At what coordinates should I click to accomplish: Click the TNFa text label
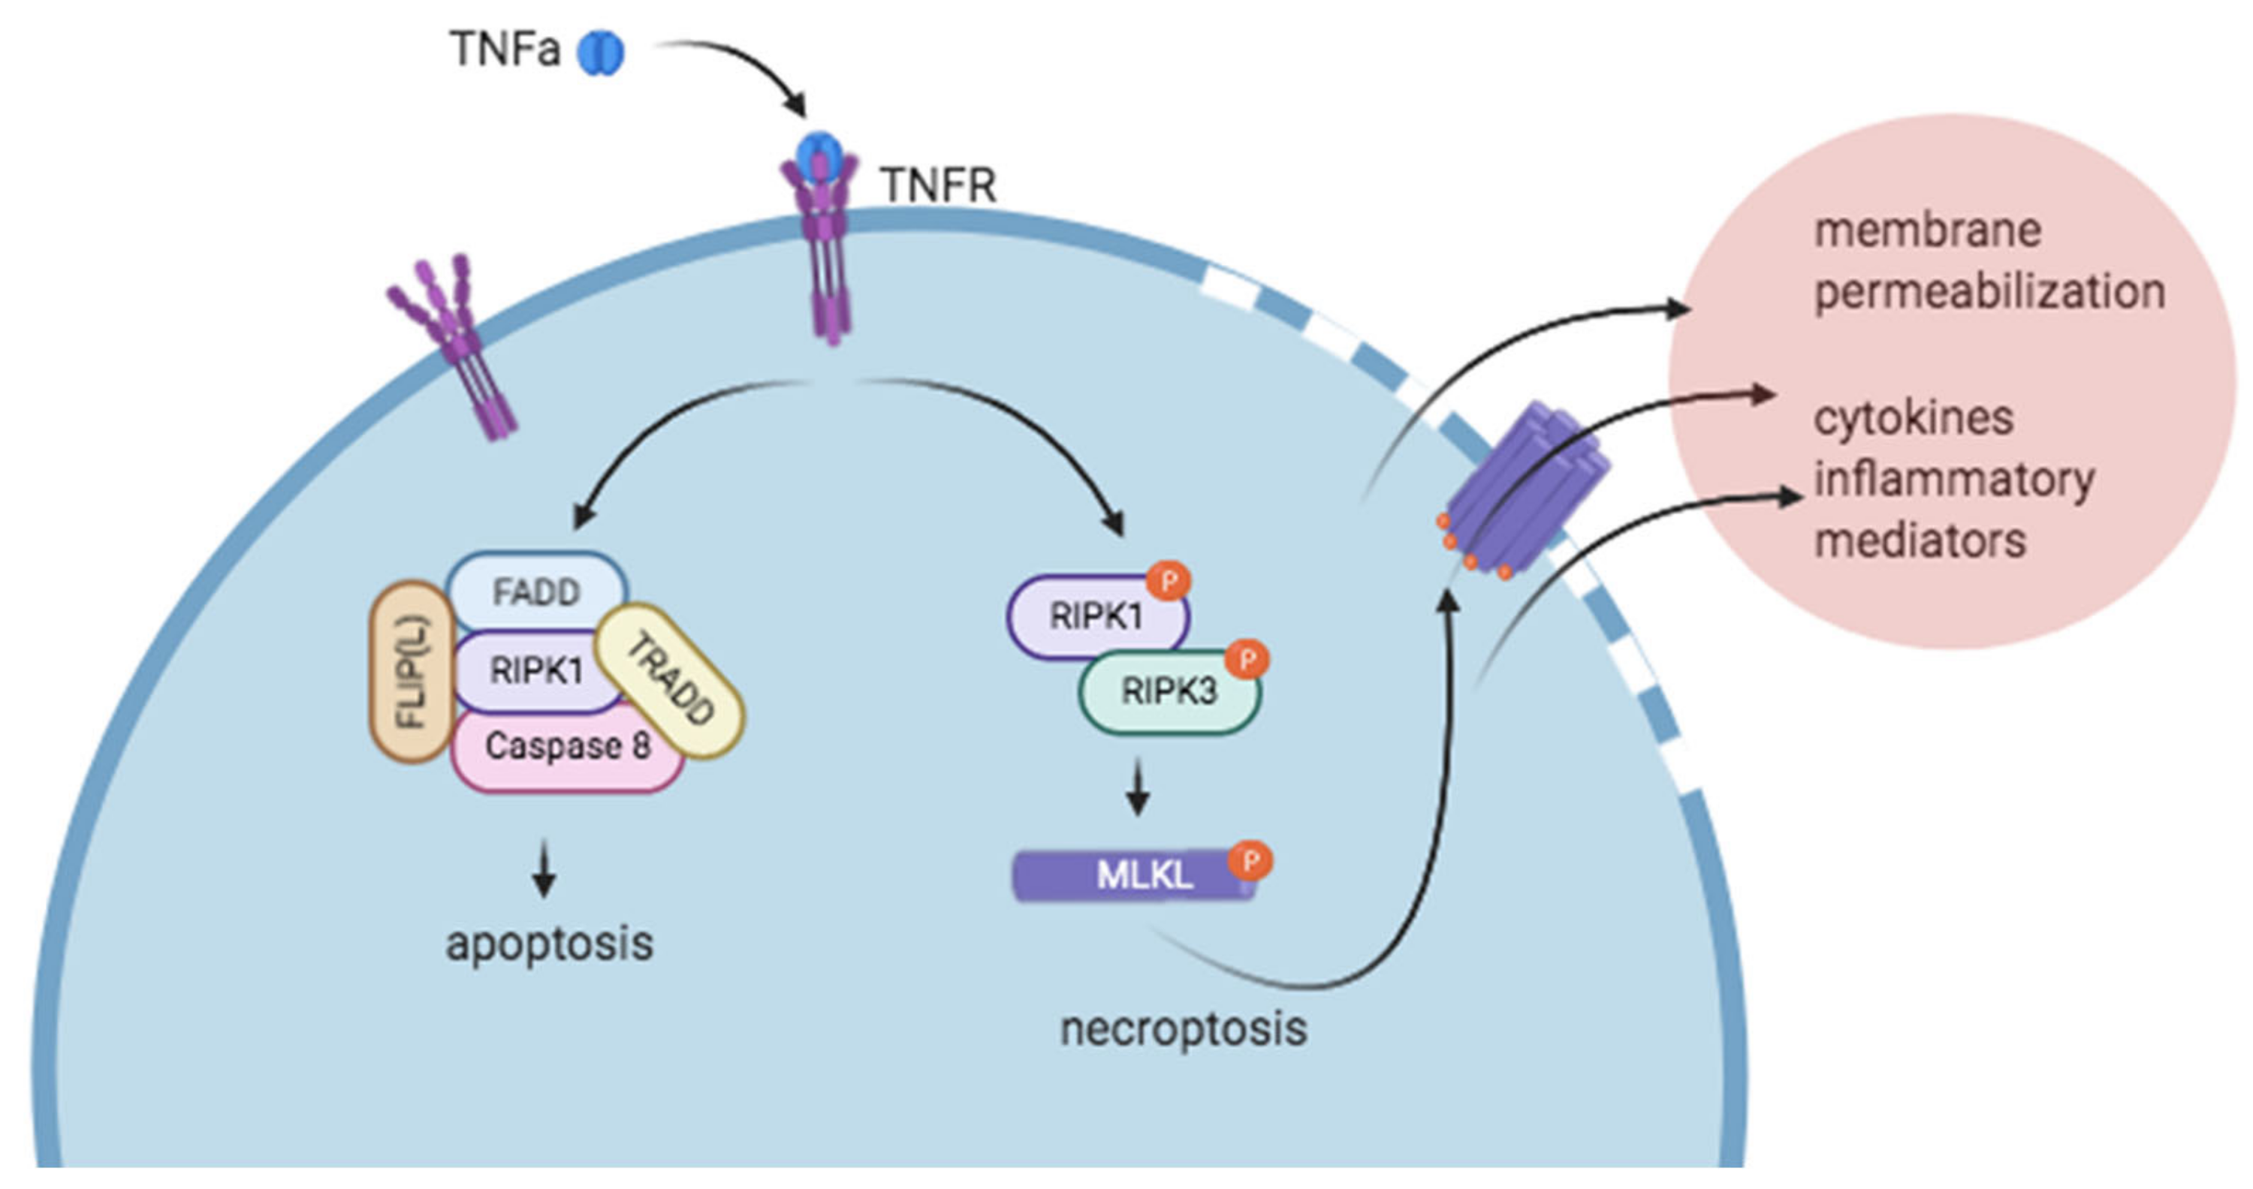pyautogui.click(x=505, y=49)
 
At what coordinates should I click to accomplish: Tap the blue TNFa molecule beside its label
pyautogui.click(x=600, y=53)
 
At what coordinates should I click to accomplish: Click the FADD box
pyautogui.click(x=536, y=592)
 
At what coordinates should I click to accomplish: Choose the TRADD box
pyautogui.click(x=669, y=679)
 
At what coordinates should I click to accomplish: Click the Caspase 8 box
pyautogui.click(x=568, y=748)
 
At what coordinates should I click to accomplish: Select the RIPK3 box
pyautogui.click(x=1169, y=691)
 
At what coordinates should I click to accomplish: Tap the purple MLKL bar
pyautogui.click(x=1134, y=875)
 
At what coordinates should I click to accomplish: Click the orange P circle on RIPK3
pyautogui.click(x=1247, y=659)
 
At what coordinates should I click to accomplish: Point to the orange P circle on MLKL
pyautogui.click(x=1250, y=861)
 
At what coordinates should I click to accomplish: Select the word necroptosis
pyautogui.click(x=1184, y=1030)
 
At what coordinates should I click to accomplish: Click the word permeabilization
pyautogui.click(x=1989, y=293)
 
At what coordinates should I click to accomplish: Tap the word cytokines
pyautogui.click(x=1914, y=418)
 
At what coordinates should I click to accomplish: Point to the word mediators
pyautogui.click(x=1920, y=540)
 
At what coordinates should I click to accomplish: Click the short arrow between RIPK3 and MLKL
pyautogui.click(x=1137, y=787)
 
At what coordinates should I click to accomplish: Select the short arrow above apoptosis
pyautogui.click(x=544, y=869)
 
